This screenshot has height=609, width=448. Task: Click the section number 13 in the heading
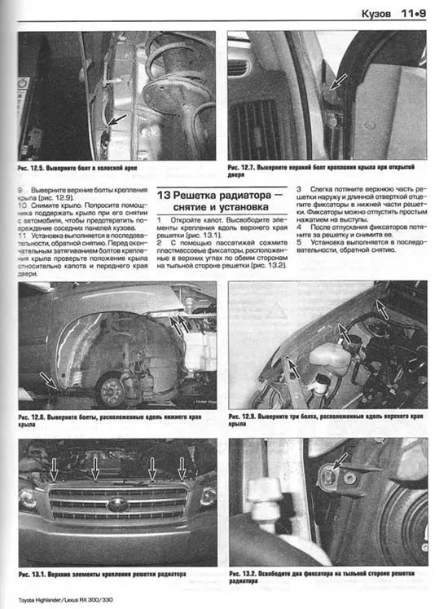click(164, 196)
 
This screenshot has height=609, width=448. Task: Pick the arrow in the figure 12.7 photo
click(338, 82)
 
